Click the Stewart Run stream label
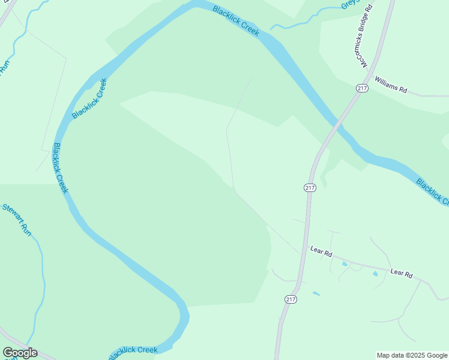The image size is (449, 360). tap(16, 219)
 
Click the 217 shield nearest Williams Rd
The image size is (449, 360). tap(361, 88)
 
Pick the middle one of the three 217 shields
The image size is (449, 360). tap(310, 188)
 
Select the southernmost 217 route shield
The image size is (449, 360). tap(291, 299)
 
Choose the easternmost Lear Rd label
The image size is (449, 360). tap(402, 274)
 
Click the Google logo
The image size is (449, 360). tap(20, 353)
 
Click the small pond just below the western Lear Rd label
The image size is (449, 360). tap(345, 264)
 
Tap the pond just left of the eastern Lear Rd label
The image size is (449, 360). tap(375, 274)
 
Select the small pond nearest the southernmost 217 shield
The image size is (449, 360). tap(316, 293)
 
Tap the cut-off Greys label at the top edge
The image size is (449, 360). tap(349, 4)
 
